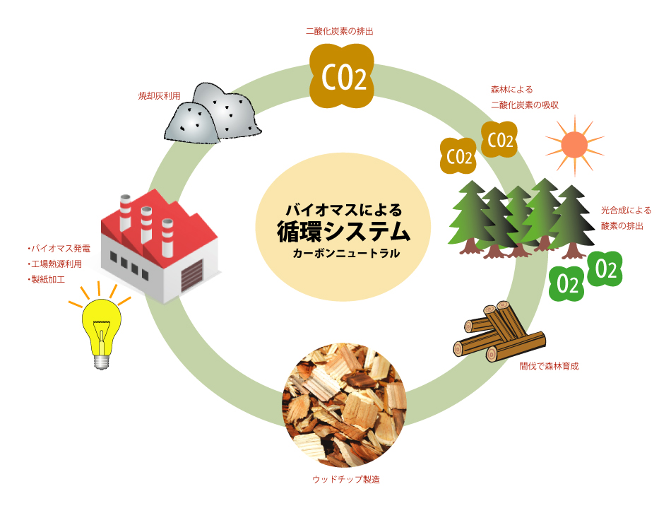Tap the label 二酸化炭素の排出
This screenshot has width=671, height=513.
339,32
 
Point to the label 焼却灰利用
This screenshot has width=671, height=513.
160,94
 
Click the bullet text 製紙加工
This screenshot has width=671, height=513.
47,279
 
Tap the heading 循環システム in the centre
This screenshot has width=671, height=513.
343,231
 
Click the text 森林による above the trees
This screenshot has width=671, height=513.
511,90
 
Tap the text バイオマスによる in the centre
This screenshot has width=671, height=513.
343,210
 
